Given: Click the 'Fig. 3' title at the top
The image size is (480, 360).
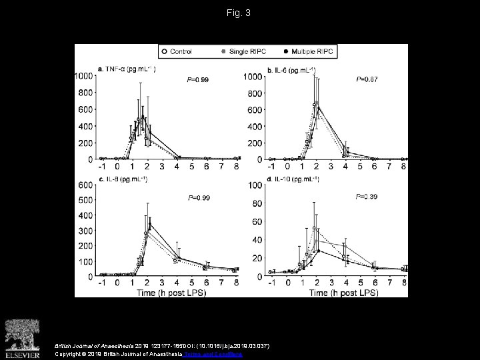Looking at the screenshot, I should [239, 13].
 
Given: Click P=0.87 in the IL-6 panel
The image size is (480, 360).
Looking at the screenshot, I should [367, 79].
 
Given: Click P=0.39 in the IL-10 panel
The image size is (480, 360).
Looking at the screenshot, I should [367, 197].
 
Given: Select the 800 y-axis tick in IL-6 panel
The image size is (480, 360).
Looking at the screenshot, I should [254, 93].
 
